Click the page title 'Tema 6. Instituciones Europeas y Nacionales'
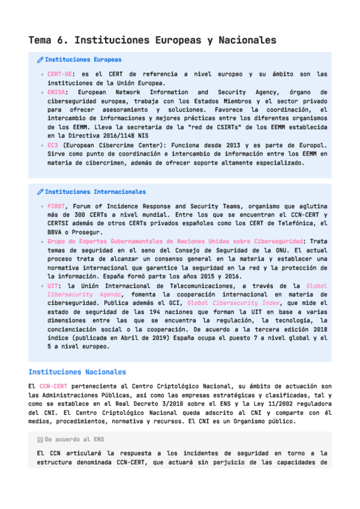[152, 40]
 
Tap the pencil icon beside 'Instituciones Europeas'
[40, 60]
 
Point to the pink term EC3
[53, 145]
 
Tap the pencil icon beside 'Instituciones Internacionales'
[40, 192]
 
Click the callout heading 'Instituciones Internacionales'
[95, 192]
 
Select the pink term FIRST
[56, 206]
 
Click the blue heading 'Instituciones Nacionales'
[77, 372]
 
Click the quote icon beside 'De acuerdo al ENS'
[40, 439]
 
